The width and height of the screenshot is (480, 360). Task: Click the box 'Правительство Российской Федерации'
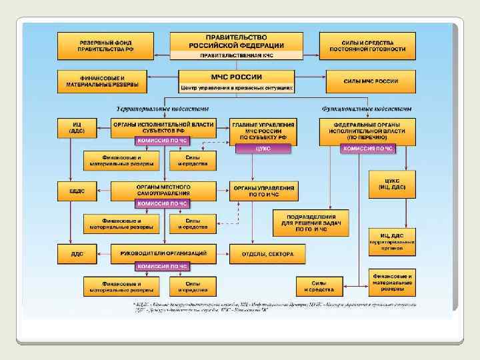pyautogui.click(x=237, y=41)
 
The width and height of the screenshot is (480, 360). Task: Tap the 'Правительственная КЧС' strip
pyautogui.click(x=237, y=55)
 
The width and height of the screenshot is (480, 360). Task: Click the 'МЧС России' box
pyautogui.click(x=237, y=77)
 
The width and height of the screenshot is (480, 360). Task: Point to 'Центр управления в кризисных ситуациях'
pyautogui.click(x=237, y=88)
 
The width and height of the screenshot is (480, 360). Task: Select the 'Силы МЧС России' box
pyautogui.click(x=371, y=81)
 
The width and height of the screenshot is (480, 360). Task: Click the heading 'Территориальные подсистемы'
pyautogui.click(x=163, y=108)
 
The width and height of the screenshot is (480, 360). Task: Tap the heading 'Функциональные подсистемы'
pyautogui.click(x=366, y=108)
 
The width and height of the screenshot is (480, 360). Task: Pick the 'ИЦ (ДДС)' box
pyautogui.click(x=77, y=127)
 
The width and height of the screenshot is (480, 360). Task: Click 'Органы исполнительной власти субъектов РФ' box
pyautogui.click(x=163, y=127)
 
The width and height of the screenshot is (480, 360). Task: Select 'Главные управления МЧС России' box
pyautogui.click(x=264, y=131)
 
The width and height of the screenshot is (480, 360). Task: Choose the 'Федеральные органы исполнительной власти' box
pyautogui.click(x=368, y=131)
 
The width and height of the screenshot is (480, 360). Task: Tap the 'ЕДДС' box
pyautogui.click(x=77, y=191)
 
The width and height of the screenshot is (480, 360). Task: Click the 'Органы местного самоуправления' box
pyautogui.click(x=163, y=189)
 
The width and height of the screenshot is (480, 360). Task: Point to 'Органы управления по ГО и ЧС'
pyautogui.click(x=264, y=191)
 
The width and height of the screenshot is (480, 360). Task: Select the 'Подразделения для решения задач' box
pyautogui.click(x=311, y=223)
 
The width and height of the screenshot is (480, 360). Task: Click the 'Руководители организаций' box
pyautogui.click(x=163, y=253)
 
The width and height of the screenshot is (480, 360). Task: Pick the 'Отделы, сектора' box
pyautogui.click(x=267, y=254)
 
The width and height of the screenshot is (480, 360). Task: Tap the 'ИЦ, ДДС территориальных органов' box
pyautogui.click(x=392, y=241)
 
